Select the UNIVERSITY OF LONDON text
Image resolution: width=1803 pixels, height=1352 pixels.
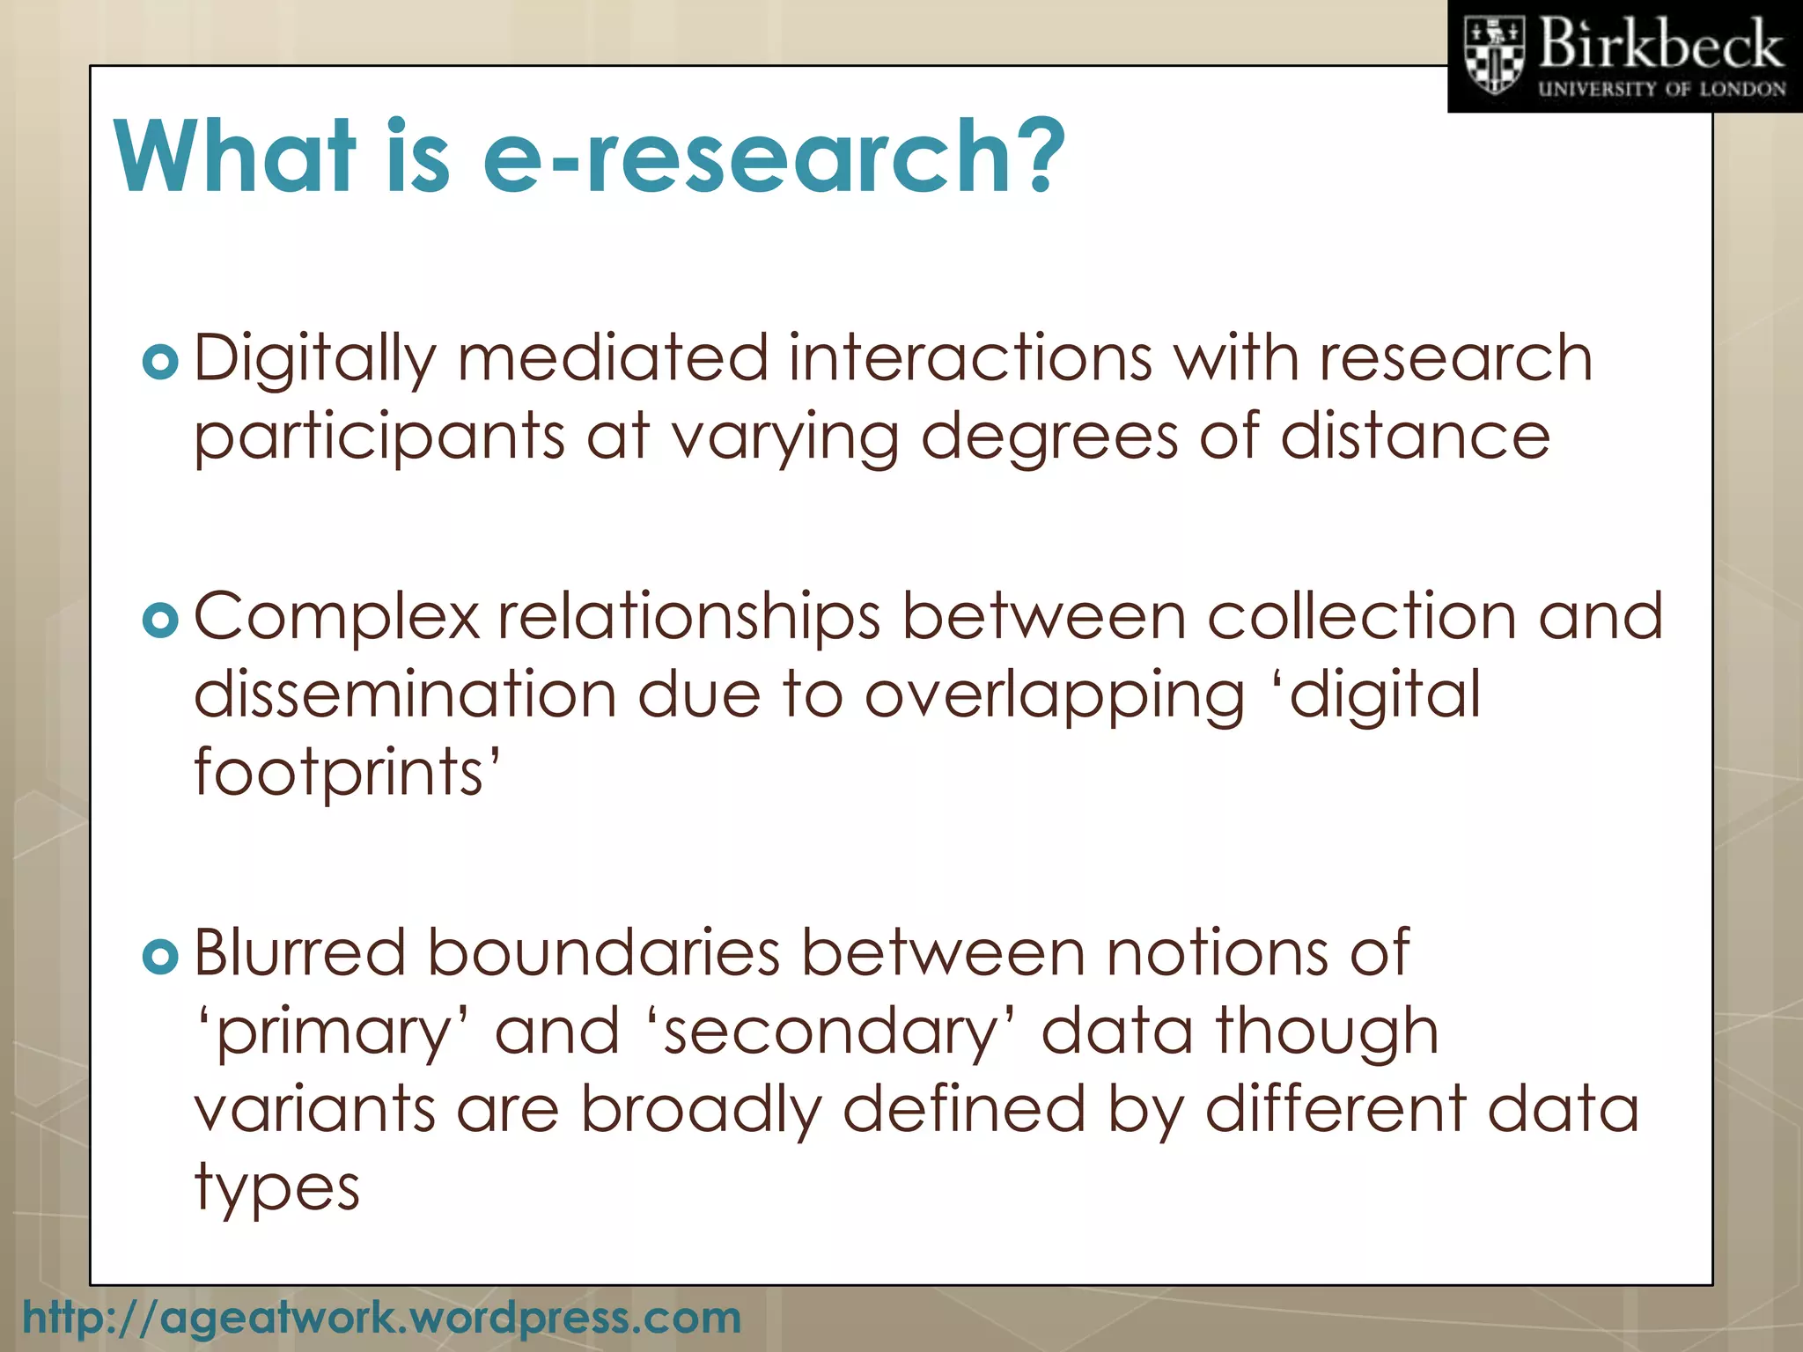(1662, 89)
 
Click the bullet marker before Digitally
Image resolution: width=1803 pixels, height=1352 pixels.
(160, 362)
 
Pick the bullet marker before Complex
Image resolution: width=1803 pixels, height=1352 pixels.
(160, 621)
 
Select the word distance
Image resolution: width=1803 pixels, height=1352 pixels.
(1415, 437)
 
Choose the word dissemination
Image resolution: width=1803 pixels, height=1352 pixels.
(405, 695)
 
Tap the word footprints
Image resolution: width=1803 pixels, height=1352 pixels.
(346, 773)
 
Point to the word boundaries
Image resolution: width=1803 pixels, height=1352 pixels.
(604, 953)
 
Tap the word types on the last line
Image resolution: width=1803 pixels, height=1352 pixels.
(276, 1188)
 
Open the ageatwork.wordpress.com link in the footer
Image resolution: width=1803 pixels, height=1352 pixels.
(381, 1318)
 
